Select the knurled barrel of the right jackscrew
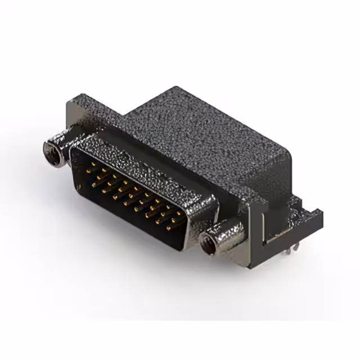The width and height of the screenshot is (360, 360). point(226,233)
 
